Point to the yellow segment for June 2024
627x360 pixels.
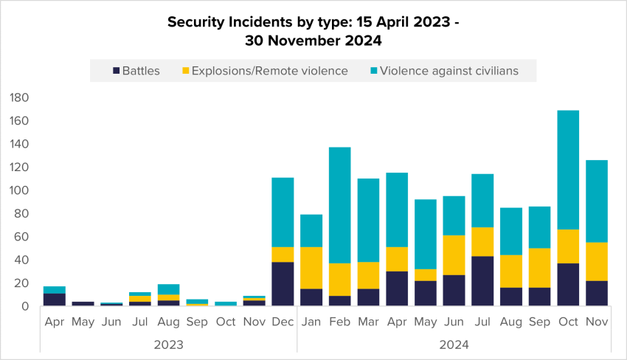(454, 255)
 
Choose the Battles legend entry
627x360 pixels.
(135, 71)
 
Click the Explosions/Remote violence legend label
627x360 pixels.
(269, 71)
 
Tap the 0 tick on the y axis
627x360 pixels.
(24, 306)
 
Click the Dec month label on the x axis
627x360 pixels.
(283, 322)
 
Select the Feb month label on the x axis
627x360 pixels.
(340, 322)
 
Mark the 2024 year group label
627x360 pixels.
(454, 344)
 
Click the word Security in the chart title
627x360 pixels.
(193, 22)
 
